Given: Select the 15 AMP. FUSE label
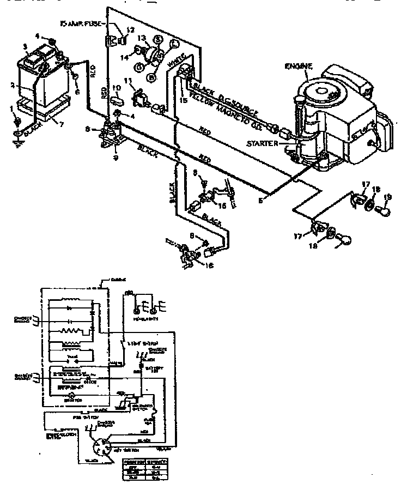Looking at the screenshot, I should (x=82, y=24).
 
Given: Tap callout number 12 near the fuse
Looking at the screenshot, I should (x=130, y=30).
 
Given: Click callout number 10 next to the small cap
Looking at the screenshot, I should (x=116, y=88).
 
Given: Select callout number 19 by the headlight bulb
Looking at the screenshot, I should (x=387, y=197).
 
